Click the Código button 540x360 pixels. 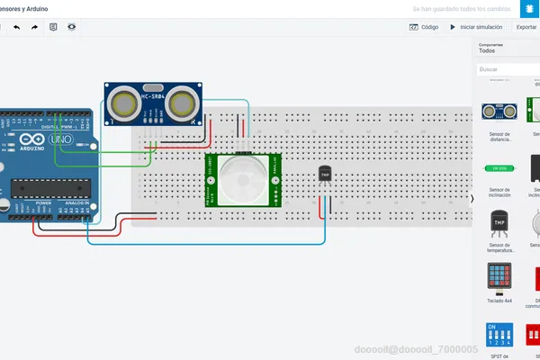(425, 27)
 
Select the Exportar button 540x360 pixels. (526, 27)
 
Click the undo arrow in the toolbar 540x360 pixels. (16, 27)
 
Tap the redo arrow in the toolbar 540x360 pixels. (34, 27)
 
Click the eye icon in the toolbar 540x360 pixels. (71, 27)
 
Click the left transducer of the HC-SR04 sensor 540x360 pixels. (122, 104)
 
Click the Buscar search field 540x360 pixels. (508, 69)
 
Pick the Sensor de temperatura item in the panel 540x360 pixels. (499, 224)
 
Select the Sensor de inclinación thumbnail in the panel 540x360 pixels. (499, 168)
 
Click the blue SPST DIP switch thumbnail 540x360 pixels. (499, 335)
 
